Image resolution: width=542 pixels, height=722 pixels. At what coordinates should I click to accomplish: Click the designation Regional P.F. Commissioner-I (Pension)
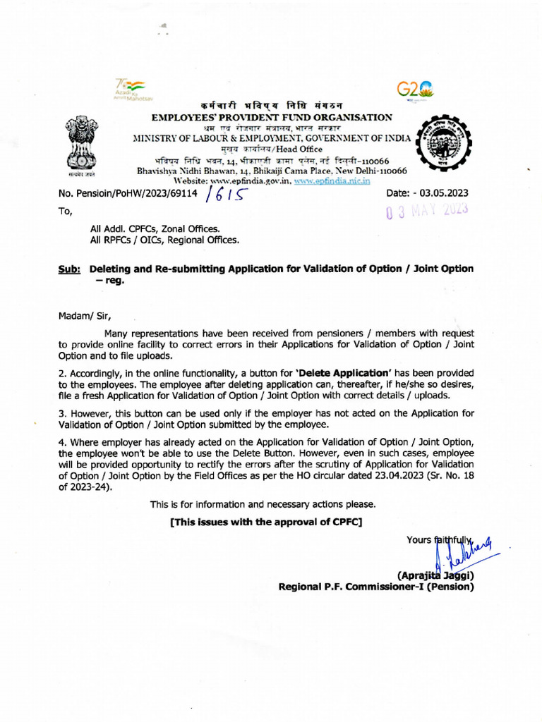(x=375, y=586)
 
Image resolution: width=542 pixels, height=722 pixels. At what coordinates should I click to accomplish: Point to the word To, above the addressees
(x=65, y=211)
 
